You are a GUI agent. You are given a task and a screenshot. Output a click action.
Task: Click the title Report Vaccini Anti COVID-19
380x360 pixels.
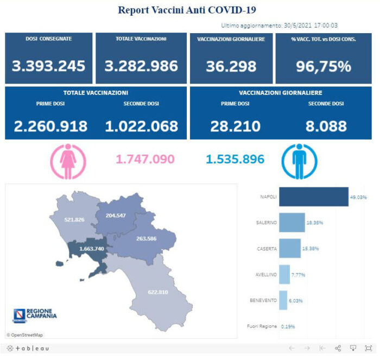pos(187,10)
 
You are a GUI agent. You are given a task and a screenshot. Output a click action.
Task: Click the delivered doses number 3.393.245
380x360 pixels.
pos(49,66)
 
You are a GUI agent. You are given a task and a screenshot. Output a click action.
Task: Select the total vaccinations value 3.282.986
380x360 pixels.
pos(141,66)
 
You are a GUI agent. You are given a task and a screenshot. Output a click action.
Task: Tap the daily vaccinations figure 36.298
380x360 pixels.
pos(231,66)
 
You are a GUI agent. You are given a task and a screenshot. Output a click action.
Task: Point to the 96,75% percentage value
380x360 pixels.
pos(324,66)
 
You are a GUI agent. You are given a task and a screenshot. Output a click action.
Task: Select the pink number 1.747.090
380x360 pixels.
pos(145,159)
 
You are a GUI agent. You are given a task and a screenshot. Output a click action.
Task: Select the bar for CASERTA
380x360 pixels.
pos(289,249)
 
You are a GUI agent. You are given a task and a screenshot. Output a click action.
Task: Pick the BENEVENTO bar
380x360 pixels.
pos(283,300)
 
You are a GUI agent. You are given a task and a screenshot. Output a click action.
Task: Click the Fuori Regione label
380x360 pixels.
pos(262,326)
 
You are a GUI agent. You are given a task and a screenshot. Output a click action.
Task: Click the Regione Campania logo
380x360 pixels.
pos(34,314)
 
